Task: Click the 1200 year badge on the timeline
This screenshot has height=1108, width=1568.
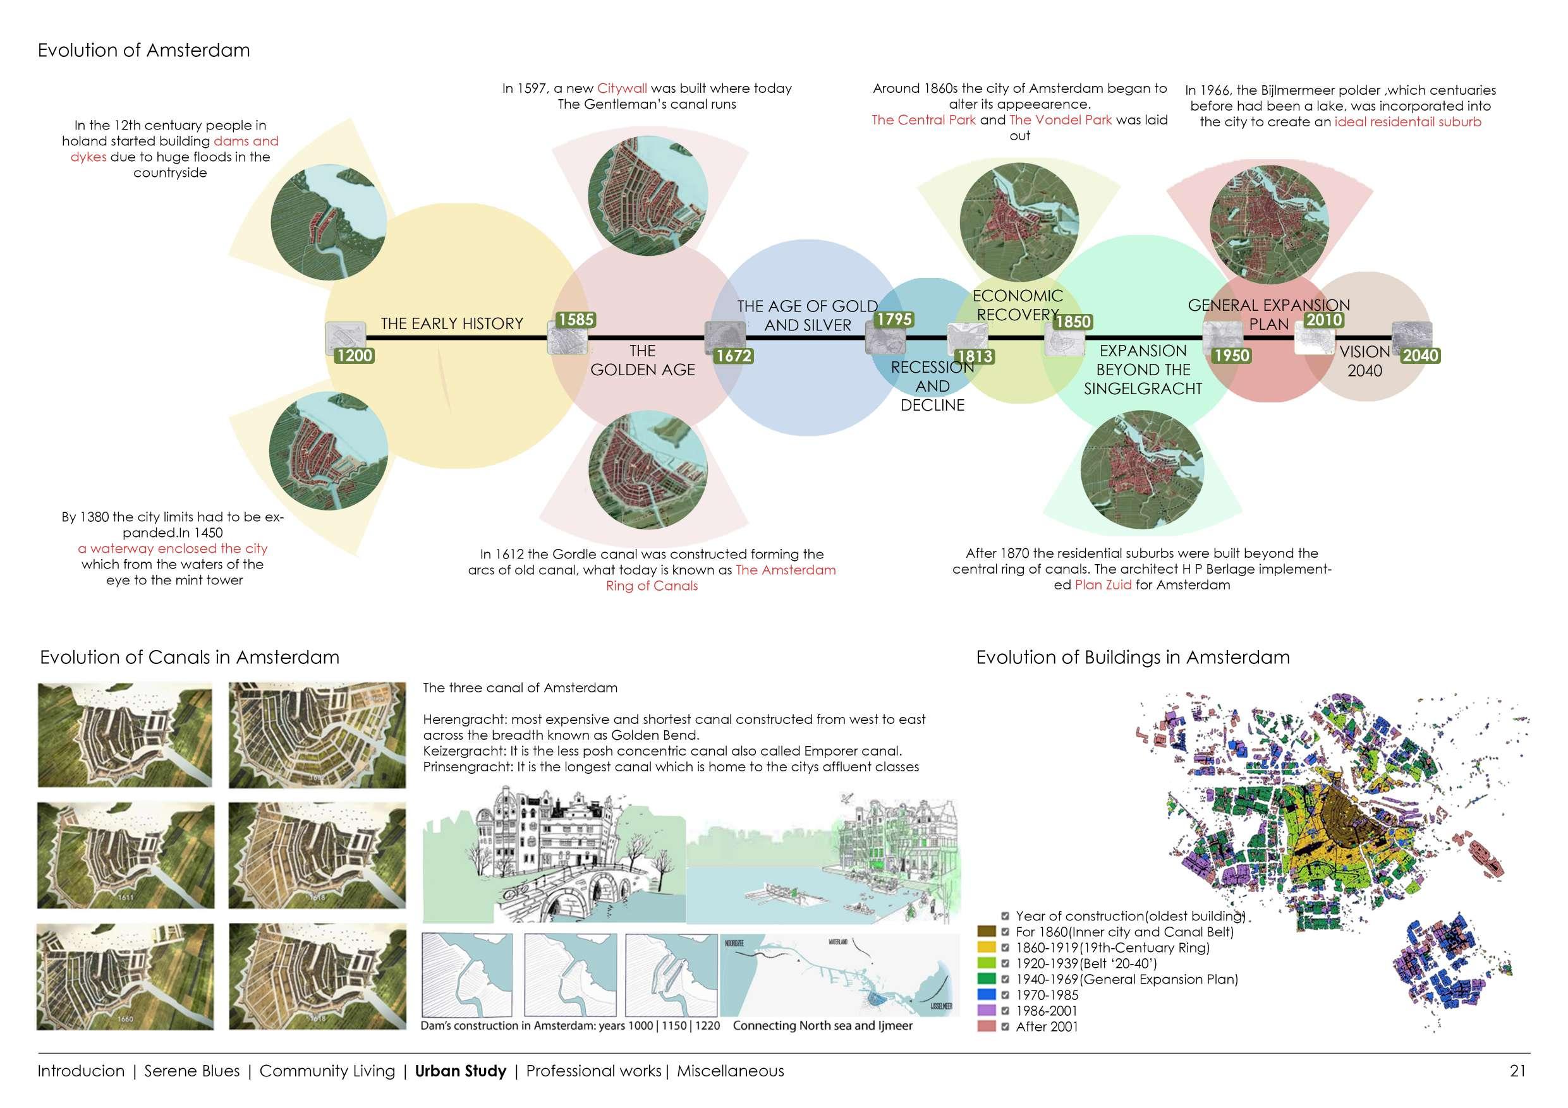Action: [x=354, y=356]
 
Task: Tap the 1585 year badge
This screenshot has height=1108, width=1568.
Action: [x=576, y=320]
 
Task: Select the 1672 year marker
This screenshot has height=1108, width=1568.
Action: [x=734, y=356]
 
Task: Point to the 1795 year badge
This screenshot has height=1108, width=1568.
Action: [x=894, y=320]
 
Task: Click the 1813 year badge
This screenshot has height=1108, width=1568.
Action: [x=975, y=356]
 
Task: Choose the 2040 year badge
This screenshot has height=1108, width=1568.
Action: [x=1421, y=356]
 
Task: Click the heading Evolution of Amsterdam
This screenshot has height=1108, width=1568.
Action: [x=143, y=51]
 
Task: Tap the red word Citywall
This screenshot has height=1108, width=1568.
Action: [x=621, y=88]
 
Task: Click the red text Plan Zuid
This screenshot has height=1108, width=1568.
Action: [x=1103, y=585]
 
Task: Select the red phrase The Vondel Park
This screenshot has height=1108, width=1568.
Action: [x=1060, y=120]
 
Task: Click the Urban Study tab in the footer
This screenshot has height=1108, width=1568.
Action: [x=460, y=1071]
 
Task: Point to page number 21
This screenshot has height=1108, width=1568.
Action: [x=1517, y=1071]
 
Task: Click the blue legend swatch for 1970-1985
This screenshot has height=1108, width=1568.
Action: [x=986, y=996]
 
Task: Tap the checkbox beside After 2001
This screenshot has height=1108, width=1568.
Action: [x=1006, y=1027]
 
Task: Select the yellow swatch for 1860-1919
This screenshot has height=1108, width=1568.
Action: [x=986, y=948]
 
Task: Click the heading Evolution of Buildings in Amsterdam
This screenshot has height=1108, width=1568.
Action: [x=1133, y=658]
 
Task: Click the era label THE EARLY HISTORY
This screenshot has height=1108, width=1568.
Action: [x=451, y=323]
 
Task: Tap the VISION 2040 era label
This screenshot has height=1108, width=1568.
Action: [x=1364, y=361]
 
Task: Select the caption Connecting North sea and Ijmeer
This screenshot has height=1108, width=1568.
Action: [x=822, y=1025]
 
